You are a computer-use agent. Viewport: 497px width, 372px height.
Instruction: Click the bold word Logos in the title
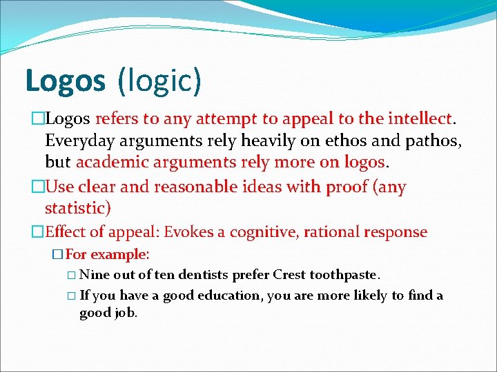pos(65,81)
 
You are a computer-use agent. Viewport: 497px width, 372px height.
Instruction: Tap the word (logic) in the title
pos(159,81)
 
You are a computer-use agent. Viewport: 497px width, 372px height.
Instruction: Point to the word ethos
pos(358,141)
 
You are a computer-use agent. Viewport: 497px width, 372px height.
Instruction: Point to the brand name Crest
pos(289,275)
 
